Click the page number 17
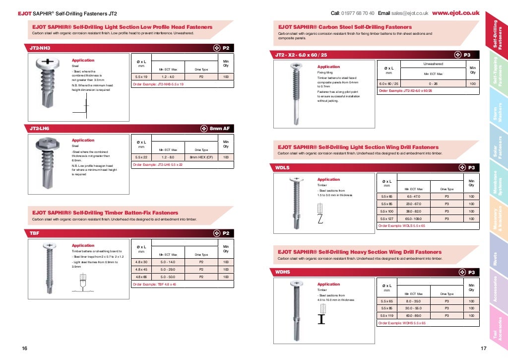[484, 349]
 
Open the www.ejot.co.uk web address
[455, 13]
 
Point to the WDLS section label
[282, 168]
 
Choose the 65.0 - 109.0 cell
[414, 218]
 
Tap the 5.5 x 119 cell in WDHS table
[387, 315]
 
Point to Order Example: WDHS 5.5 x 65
[402, 323]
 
